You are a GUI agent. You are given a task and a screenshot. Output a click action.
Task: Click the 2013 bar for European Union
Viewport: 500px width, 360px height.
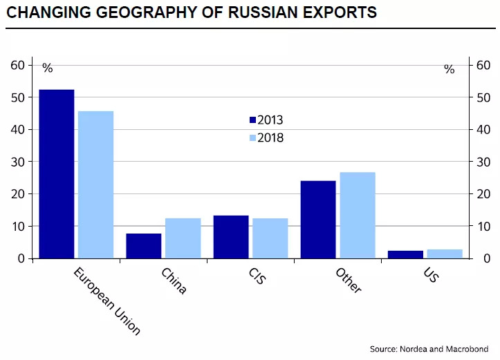coord(57,174)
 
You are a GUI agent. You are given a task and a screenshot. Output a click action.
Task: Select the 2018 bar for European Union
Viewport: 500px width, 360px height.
coord(96,184)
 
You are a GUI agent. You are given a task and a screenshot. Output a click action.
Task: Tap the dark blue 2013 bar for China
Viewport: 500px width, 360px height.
coord(144,246)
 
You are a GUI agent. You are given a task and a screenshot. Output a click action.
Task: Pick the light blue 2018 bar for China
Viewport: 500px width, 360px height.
coord(183,238)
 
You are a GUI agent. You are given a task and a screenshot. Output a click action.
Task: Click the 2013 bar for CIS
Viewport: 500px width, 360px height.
coord(231,237)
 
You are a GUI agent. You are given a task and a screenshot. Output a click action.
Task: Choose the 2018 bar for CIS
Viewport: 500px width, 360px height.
coord(270,238)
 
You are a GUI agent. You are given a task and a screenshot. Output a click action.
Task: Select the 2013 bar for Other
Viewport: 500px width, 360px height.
coord(318,220)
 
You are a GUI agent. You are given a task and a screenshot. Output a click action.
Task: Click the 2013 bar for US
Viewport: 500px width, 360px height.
coord(405,254)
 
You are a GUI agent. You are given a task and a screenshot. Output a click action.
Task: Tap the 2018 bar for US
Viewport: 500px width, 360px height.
coord(445,254)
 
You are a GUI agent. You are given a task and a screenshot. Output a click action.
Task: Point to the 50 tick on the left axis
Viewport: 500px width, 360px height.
coord(18,97)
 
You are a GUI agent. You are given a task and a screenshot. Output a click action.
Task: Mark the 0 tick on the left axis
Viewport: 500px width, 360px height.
coord(21,258)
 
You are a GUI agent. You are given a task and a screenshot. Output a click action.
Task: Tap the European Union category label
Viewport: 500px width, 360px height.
coord(107,301)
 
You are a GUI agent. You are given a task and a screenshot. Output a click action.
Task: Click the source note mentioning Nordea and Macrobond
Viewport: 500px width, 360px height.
coord(429,348)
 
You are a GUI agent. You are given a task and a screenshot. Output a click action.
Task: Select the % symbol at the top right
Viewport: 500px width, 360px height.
coord(449,69)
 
